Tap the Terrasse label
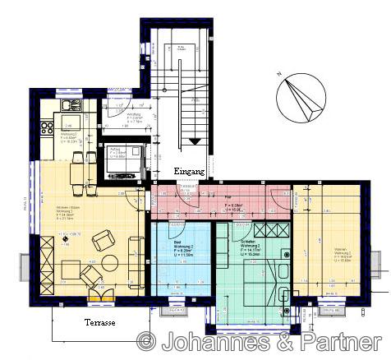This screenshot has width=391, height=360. [100, 323]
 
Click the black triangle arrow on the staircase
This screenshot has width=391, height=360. [195, 141]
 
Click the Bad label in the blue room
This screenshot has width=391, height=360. [177, 243]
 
